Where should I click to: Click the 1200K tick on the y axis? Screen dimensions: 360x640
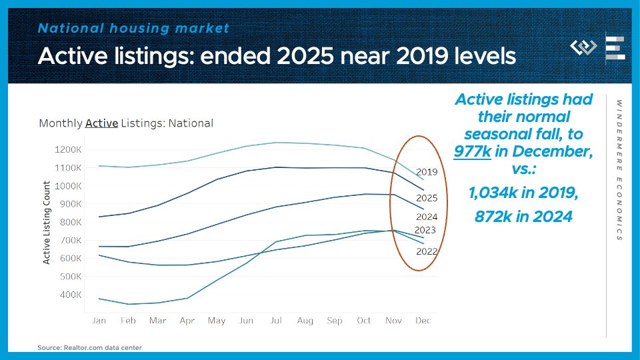coord(69,149)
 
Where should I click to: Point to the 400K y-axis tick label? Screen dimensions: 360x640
coord(71,294)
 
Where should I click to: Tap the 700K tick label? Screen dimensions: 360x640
coord(71,240)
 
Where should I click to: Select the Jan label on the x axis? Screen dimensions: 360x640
coord(99,321)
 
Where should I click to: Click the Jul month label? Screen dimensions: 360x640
coord(275,321)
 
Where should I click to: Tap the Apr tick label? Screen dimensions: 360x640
coord(187,321)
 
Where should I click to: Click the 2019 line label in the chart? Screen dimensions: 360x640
coord(427,172)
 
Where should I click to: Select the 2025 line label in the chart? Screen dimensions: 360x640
coord(427,198)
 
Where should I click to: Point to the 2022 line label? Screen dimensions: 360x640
coord(427,251)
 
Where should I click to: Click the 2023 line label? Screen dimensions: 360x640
coord(425,230)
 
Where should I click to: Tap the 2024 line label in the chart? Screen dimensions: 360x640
coord(427,217)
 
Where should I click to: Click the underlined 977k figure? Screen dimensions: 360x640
coord(473,151)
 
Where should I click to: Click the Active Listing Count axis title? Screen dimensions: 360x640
coord(47,222)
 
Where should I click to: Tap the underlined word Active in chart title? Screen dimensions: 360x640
coord(101,123)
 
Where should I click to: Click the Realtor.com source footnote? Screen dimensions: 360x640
coord(89,347)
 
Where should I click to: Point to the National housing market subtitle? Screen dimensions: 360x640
coord(133,28)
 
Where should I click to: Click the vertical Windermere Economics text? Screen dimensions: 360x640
coord(619,170)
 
